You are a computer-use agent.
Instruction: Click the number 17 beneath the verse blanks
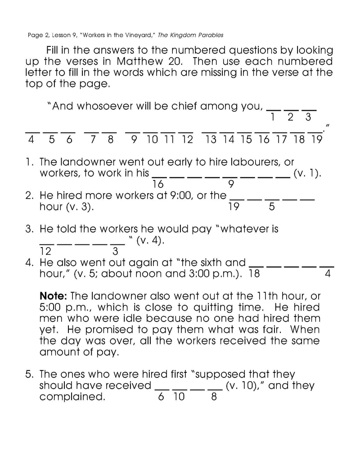tap(281, 140)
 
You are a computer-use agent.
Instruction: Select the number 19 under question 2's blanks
tap(233, 207)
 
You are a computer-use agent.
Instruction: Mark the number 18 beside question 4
tap(254, 274)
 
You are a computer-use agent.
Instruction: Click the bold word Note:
tap(54, 296)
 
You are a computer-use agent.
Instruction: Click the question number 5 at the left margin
tap(28, 375)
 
